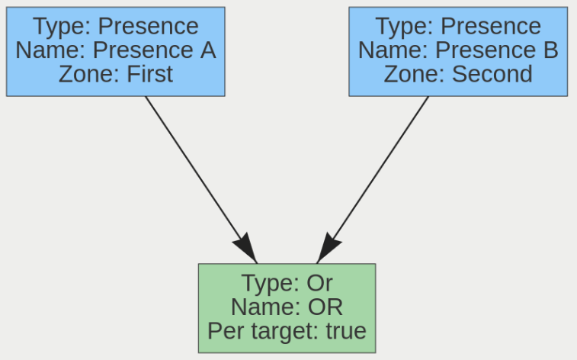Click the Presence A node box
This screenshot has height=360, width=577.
[x=115, y=51]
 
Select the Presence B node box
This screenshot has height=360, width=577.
[x=458, y=51]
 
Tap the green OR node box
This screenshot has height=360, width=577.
[x=287, y=307]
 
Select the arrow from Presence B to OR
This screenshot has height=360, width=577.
[x=381, y=168]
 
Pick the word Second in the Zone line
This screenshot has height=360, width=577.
[x=492, y=74]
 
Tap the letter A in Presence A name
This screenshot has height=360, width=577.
[x=207, y=50]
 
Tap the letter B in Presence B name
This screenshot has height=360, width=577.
[x=550, y=50]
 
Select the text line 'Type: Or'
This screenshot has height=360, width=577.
[x=287, y=283]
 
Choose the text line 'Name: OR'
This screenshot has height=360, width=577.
[x=287, y=307]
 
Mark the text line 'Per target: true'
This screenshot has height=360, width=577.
[x=287, y=332]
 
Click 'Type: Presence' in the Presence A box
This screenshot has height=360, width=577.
[x=115, y=26]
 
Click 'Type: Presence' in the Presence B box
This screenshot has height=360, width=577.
[x=458, y=26]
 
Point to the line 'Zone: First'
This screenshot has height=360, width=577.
[x=115, y=74]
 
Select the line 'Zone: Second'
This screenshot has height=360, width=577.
[x=458, y=74]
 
